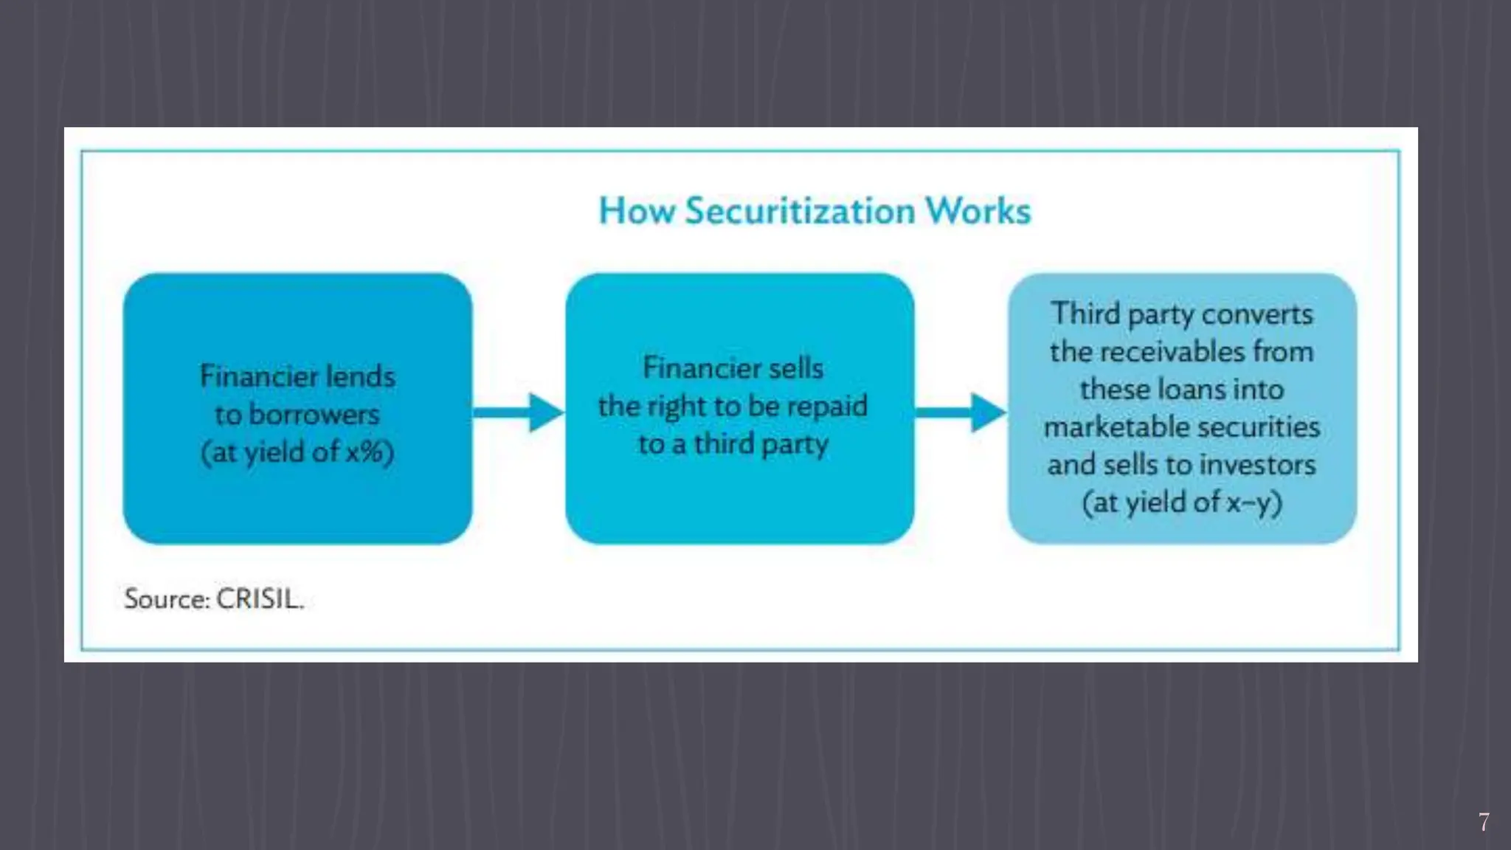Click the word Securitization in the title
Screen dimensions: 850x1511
(801, 212)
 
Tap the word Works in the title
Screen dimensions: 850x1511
(978, 212)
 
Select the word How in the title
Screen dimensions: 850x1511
(637, 212)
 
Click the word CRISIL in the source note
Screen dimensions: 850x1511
(259, 598)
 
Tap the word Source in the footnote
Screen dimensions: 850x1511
(166, 598)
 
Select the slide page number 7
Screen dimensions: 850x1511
(1484, 822)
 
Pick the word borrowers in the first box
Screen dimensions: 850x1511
(314, 414)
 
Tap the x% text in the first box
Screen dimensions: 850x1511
(366, 452)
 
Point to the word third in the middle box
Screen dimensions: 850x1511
(724, 444)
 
